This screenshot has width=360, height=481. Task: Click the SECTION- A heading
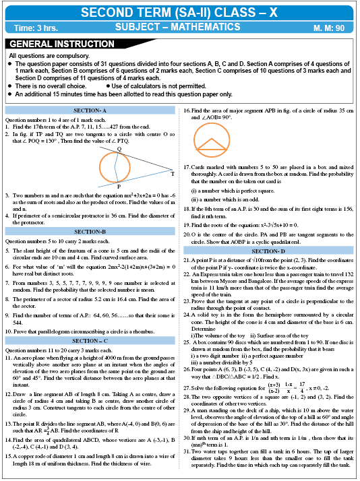click(x=90, y=110)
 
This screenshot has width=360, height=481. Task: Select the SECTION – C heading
click(x=90, y=341)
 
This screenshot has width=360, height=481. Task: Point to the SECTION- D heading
click(x=270, y=250)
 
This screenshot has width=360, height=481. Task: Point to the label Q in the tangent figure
click(x=119, y=149)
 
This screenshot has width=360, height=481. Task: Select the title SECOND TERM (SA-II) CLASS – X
click(x=179, y=12)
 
